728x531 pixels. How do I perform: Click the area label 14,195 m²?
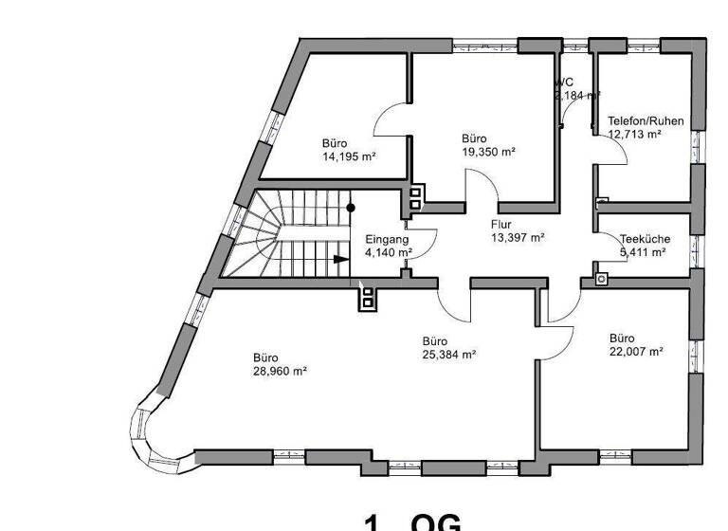click(x=349, y=157)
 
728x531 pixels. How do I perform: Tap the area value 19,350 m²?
click(x=488, y=152)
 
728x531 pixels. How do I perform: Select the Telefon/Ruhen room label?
click(x=646, y=121)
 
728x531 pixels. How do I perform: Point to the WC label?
click(x=565, y=82)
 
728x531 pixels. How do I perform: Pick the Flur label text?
click(x=501, y=225)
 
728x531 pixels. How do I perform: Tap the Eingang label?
click(x=387, y=240)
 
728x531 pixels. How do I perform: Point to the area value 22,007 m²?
click(x=635, y=351)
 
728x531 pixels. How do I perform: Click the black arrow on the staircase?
click(x=340, y=258)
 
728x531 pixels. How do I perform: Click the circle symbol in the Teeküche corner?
click(x=600, y=280)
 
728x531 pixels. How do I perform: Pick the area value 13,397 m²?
click(x=518, y=237)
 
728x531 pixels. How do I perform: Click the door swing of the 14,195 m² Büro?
click(x=389, y=119)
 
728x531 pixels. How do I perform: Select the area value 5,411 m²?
click(x=643, y=252)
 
